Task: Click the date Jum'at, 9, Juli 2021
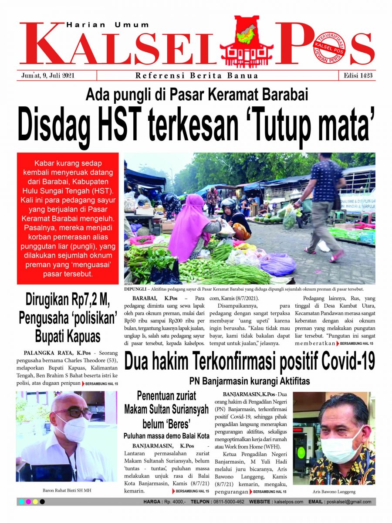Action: pos(48,75)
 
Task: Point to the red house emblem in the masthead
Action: pos(247,41)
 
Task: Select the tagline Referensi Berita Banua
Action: pos(197,75)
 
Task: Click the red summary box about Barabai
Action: pos(68,218)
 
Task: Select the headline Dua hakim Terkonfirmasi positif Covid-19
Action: pos(250,361)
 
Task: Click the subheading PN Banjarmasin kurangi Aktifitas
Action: pos(249,381)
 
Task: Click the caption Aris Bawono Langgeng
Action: pos(334,492)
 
